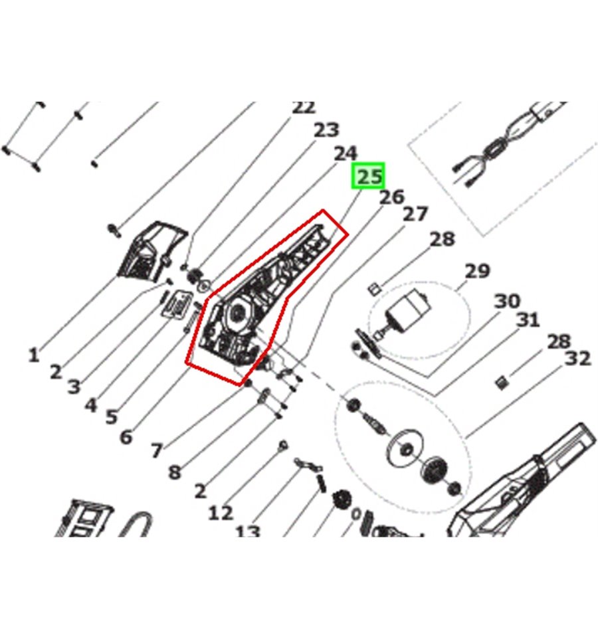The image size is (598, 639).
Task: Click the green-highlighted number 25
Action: tap(370, 177)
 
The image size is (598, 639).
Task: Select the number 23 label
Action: tap(326, 130)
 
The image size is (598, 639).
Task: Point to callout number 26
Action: tap(391, 197)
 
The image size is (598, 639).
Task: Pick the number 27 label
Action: tap(416, 214)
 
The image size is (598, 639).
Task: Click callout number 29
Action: tap(477, 271)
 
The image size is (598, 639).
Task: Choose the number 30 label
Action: tap(507, 302)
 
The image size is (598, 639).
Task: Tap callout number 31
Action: tap(528, 320)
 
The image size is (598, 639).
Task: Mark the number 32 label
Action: tap(577, 359)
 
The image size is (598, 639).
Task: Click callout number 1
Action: tap(33, 355)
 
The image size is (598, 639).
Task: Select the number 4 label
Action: tap(90, 404)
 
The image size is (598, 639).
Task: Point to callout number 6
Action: tap(126, 437)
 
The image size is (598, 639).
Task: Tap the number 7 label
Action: tap(155, 451)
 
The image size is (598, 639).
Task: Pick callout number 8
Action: tap(174, 472)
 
